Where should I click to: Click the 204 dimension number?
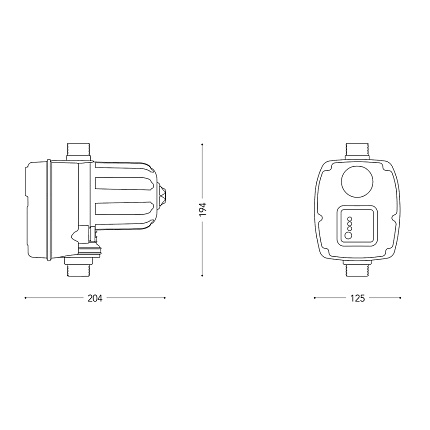(95, 298)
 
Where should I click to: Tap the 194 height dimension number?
(203, 209)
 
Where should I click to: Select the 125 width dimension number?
(358, 298)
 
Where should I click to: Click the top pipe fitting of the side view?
(79, 152)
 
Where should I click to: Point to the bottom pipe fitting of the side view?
(78, 267)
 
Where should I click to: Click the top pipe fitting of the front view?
(358, 152)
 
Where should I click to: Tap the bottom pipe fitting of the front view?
(358, 268)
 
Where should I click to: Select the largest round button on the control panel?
(349, 235)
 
